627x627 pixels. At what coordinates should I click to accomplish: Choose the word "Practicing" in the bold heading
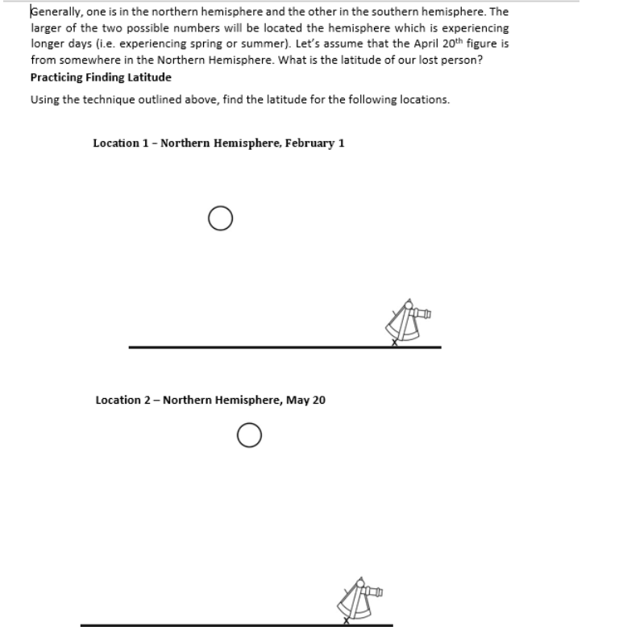56,77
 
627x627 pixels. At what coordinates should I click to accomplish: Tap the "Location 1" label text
121,143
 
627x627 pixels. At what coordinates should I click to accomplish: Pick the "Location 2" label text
123,400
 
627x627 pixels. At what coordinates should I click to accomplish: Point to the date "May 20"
306,400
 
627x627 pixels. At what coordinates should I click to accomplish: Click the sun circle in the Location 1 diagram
220,218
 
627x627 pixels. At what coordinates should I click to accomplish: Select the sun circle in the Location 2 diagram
249,435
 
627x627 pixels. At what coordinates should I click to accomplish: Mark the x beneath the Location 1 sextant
394,343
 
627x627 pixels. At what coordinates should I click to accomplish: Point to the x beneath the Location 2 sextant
347,621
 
